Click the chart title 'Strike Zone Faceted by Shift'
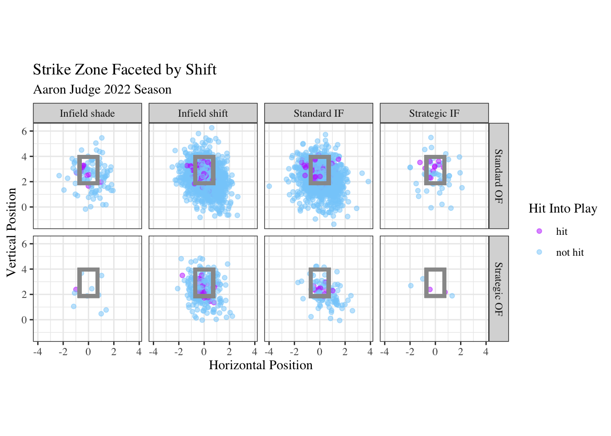click(125, 69)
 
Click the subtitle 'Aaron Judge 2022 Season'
click(102, 89)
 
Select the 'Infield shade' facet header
click(87, 114)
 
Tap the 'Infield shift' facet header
click(203, 114)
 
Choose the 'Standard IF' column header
click(319, 114)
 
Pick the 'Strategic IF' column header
click(434, 114)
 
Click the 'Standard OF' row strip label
click(499, 176)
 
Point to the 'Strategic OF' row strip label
click(499, 288)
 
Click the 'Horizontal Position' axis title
click(260, 365)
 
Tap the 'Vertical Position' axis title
click(11, 232)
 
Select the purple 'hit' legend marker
click(539, 231)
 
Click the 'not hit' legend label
click(570, 253)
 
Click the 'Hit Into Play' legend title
click(563, 208)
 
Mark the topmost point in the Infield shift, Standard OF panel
click(211, 128)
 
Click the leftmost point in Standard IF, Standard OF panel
click(269, 186)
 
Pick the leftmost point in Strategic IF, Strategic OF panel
click(411, 286)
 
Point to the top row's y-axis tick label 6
click(24, 131)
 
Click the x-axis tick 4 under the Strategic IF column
click(486, 352)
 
